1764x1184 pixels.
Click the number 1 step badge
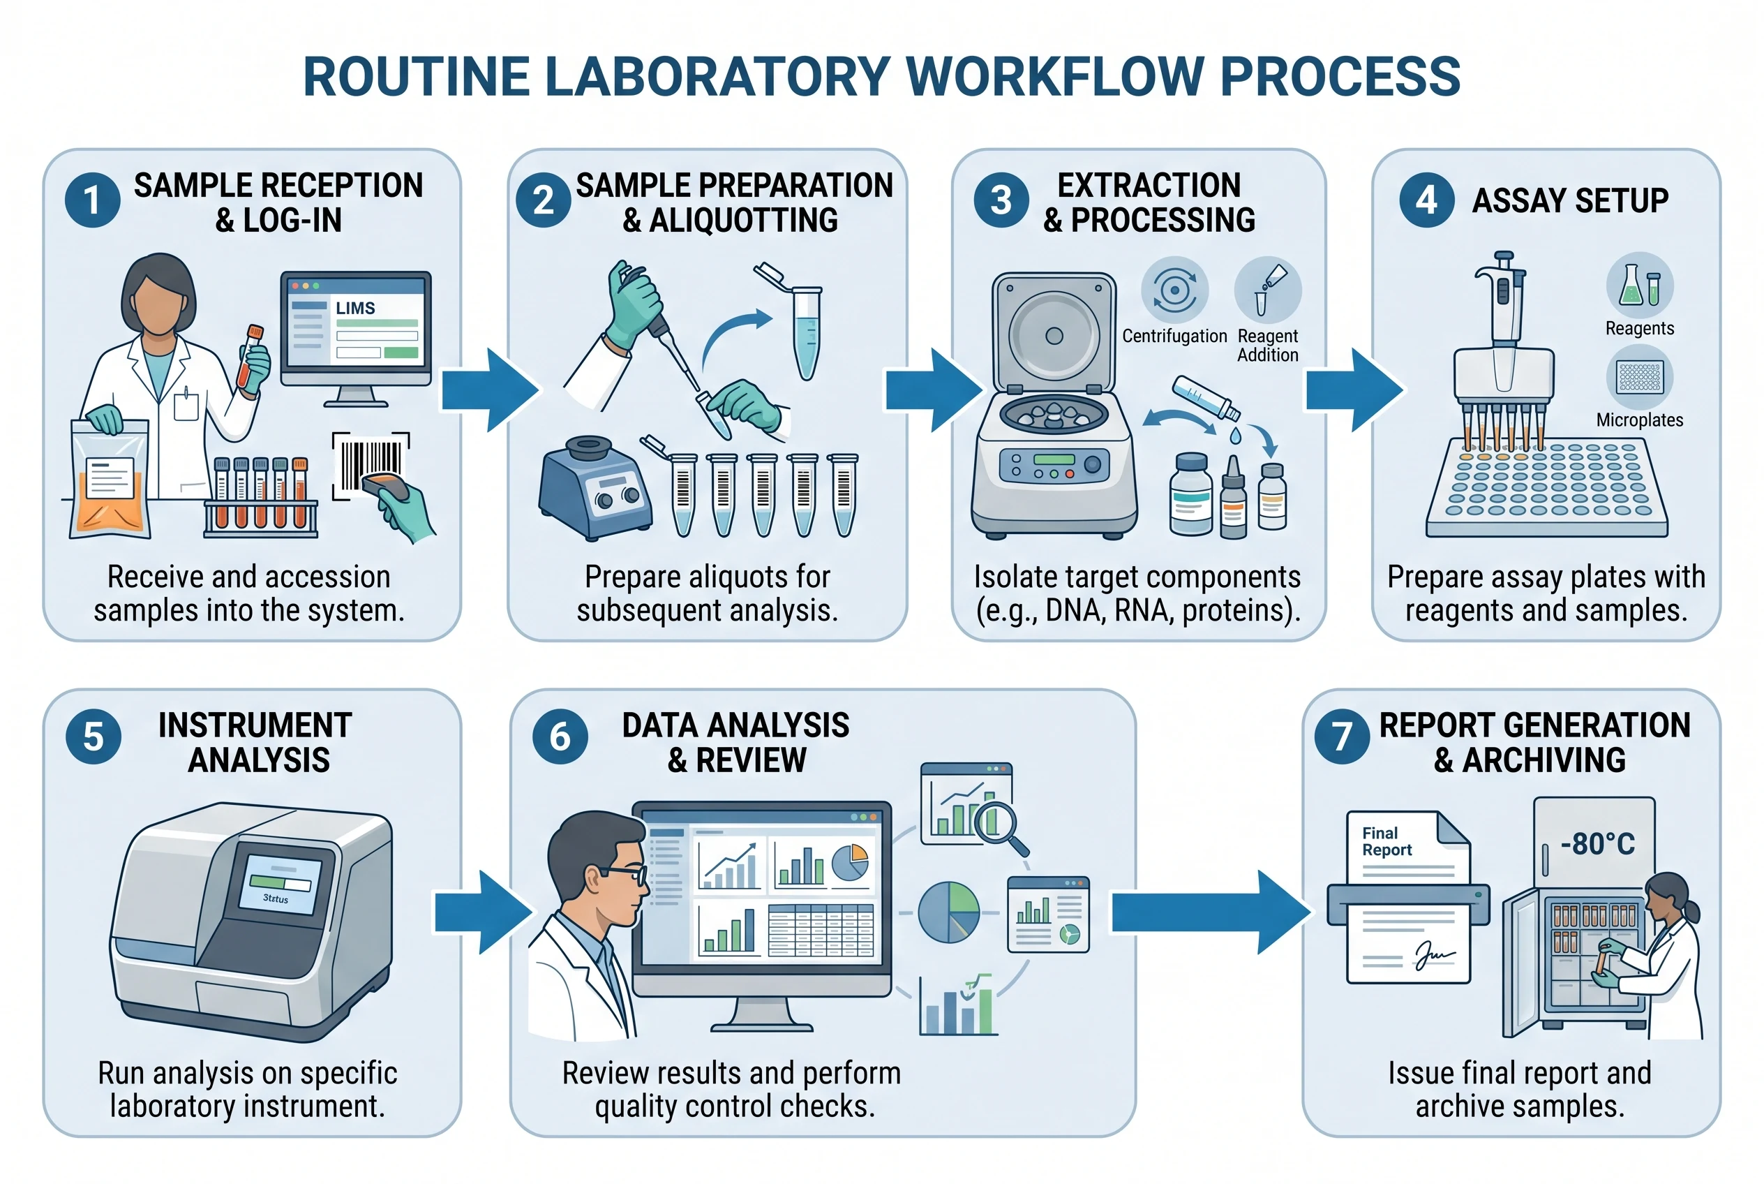point(92,200)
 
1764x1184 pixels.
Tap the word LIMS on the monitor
point(354,308)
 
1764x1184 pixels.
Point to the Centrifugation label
point(1174,336)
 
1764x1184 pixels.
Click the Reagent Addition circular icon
point(1267,290)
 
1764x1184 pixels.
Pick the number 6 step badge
point(560,737)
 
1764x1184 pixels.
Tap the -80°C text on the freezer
point(1597,843)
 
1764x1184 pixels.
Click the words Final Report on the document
point(1386,841)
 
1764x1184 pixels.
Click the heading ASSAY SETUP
point(1569,201)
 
